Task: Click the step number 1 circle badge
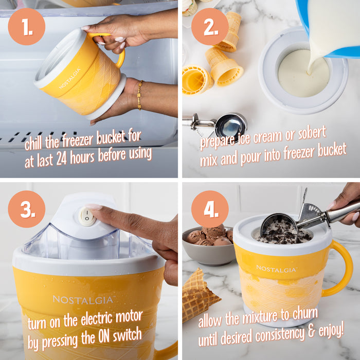[x=26, y=26]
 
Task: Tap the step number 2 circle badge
[x=210, y=26]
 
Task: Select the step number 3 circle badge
[x=26, y=209]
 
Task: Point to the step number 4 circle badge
[x=210, y=209]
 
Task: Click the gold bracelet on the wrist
[x=139, y=95]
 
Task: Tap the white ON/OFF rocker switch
[x=87, y=216]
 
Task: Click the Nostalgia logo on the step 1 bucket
[x=69, y=78]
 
